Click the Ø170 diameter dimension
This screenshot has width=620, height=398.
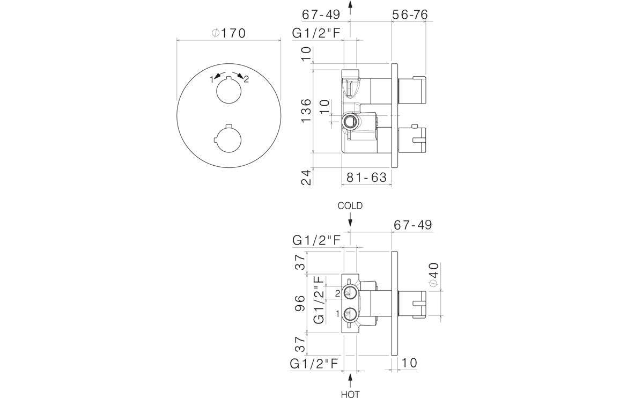[x=228, y=33]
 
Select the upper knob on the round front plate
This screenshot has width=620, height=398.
[x=228, y=90]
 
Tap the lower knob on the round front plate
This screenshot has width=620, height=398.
[x=228, y=138]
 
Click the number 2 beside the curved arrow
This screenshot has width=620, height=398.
[x=246, y=79]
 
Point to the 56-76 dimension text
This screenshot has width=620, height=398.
[x=410, y=14]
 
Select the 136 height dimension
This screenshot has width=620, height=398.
[x=306, y=110]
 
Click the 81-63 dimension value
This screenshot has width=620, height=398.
[x=367, y=177]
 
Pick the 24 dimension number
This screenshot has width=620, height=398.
[x=306, y=177]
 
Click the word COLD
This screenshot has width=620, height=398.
[x=350, y=205]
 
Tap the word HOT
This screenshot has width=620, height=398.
[x=350, y=394]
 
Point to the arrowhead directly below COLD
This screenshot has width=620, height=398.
[x=350, y=221]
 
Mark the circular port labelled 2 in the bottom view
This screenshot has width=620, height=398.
[x=350, y=292]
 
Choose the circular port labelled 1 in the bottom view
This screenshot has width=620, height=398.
[x=350, y=313]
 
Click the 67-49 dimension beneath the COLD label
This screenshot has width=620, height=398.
[x=412, y=225]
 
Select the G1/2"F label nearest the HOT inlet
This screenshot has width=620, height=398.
[x=314, y=364]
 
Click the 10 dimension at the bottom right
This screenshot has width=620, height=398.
[x=409, y=363]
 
